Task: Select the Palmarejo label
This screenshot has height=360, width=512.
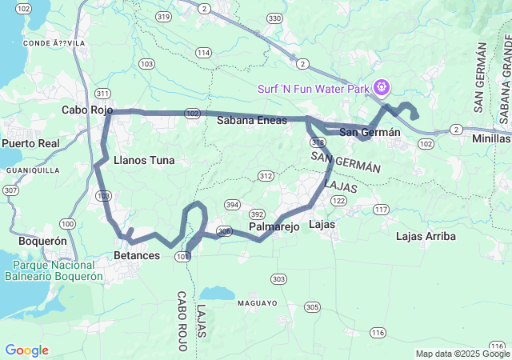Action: coord(274,227)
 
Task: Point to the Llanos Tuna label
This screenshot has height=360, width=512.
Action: coord(144,160)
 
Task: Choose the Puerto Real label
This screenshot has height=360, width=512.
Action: coord(30,143)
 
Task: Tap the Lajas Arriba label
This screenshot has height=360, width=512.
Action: coord(426,236)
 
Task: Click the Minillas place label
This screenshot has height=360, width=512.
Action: coord(489,138)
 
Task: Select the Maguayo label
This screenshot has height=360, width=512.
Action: coord(256,303)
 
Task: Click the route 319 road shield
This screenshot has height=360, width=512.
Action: coord(165,16)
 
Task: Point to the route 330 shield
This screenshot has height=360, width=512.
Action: coord(274,18)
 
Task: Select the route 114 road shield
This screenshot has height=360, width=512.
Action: coord(203,53)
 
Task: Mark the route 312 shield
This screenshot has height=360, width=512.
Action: coord(266,175)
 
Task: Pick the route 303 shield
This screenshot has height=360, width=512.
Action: coord(278,278)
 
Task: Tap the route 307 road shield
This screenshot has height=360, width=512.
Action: coord(10,190)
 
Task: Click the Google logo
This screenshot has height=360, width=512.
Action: coord(26,350)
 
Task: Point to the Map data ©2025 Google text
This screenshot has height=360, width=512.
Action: coord(462,354)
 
